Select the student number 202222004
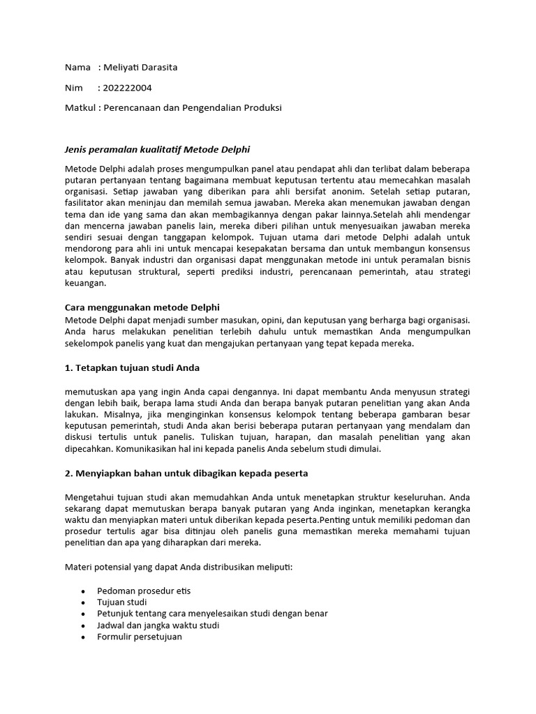tap(127, 88)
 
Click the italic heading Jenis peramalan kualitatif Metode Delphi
tap(157, 150)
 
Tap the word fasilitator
tap(87, 204)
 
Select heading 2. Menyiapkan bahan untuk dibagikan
tap(186, 473)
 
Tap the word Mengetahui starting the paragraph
tap(91, 498)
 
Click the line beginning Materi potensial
tap(179, 567)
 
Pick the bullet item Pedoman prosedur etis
tap(144, 591)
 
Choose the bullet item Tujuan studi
tap(122, 602)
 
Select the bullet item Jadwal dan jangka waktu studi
tap(158, 625)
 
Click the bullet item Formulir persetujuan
tap(140, 637)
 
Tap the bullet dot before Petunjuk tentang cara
tap(82, 614)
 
